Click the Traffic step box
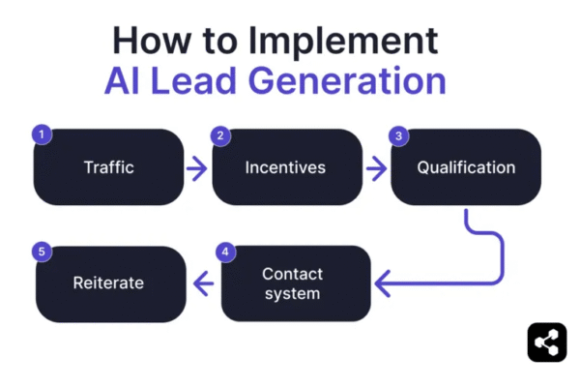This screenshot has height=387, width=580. click(108, 167)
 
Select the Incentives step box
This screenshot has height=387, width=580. click(285, 167)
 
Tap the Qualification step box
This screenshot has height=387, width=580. click(466, 167)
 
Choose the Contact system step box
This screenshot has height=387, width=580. click(296, 283)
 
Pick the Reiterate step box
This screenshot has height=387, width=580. click(108, 283)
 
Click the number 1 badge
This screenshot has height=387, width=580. click(42, 134)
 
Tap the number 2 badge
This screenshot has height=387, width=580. click(221, 134)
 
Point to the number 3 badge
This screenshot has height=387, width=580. click(397, 134)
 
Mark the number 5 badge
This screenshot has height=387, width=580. click(42, 252)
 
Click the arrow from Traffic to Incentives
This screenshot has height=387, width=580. click(196, 168)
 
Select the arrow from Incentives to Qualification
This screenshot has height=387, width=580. click(374, 168)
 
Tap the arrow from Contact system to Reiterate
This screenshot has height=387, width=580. click(204, 283)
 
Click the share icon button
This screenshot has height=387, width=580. click(547, 342)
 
